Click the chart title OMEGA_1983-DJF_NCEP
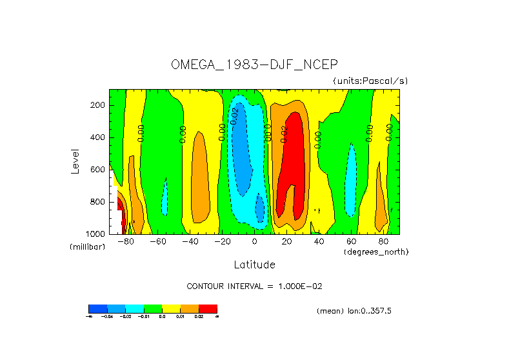(x=254, y=65)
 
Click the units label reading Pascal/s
(x=370, y=81)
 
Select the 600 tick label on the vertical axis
(x=98, y=170)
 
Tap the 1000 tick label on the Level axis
(x=96, y=234)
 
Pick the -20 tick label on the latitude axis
(x=221, y=241)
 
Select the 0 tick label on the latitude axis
(x=255, y=241)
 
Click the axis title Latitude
(x=254, y=265)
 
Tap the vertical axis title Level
(x=75, y=161)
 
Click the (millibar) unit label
(x=87, y=247)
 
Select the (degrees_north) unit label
(x=376, y=251)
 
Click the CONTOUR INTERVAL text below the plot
(x=254, y=286)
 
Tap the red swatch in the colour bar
(x=208, y=308)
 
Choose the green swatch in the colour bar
(x=152, y=308)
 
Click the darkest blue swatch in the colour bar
(x=97, y=308)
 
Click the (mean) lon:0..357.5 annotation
(x=354, y=311)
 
